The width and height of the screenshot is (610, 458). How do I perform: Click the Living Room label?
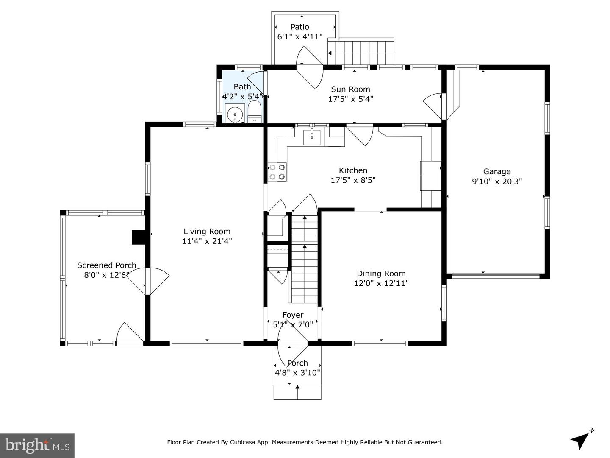207,232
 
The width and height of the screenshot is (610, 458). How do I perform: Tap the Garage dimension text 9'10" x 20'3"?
497,182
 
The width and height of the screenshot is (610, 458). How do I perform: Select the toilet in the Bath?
255,112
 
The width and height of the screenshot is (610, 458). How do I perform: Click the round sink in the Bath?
235,114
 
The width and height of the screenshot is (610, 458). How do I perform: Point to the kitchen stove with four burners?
277,172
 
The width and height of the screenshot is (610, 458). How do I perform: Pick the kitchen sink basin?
312,137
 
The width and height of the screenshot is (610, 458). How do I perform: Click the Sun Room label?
350,89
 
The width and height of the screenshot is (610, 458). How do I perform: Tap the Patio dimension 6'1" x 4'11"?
300,37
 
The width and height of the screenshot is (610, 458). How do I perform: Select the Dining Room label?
381,274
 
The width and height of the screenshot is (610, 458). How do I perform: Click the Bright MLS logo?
37,445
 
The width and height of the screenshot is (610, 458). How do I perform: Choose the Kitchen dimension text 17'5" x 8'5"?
353,181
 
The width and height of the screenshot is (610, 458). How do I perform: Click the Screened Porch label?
106,265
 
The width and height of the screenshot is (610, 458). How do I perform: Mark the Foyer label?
293,315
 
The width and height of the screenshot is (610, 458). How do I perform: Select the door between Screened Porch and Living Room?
148,281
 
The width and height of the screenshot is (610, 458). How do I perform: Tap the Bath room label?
242,87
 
